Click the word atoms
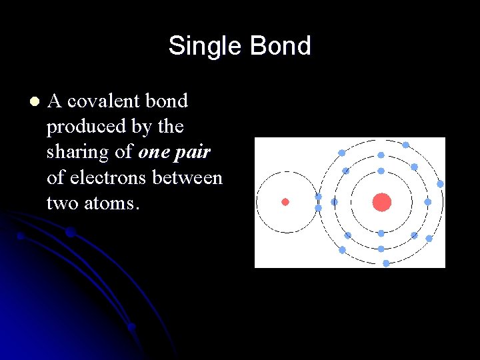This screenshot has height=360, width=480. tap(115, 203)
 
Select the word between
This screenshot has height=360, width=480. tap(188, 177)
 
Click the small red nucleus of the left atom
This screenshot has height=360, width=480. tap(285, 202)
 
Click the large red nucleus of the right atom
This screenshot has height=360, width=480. tap(381, 202)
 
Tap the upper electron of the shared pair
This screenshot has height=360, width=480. tap(318, 197)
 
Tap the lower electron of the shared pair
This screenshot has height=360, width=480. tap(318, 208)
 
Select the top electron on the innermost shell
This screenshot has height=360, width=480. tap(381, 171)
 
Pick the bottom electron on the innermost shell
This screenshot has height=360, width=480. tap(381, 233)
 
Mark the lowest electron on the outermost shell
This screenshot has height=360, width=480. tap(386, 263)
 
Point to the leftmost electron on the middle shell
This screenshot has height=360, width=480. tap(334, 202)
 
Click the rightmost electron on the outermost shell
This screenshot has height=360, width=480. tap(440, 183)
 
